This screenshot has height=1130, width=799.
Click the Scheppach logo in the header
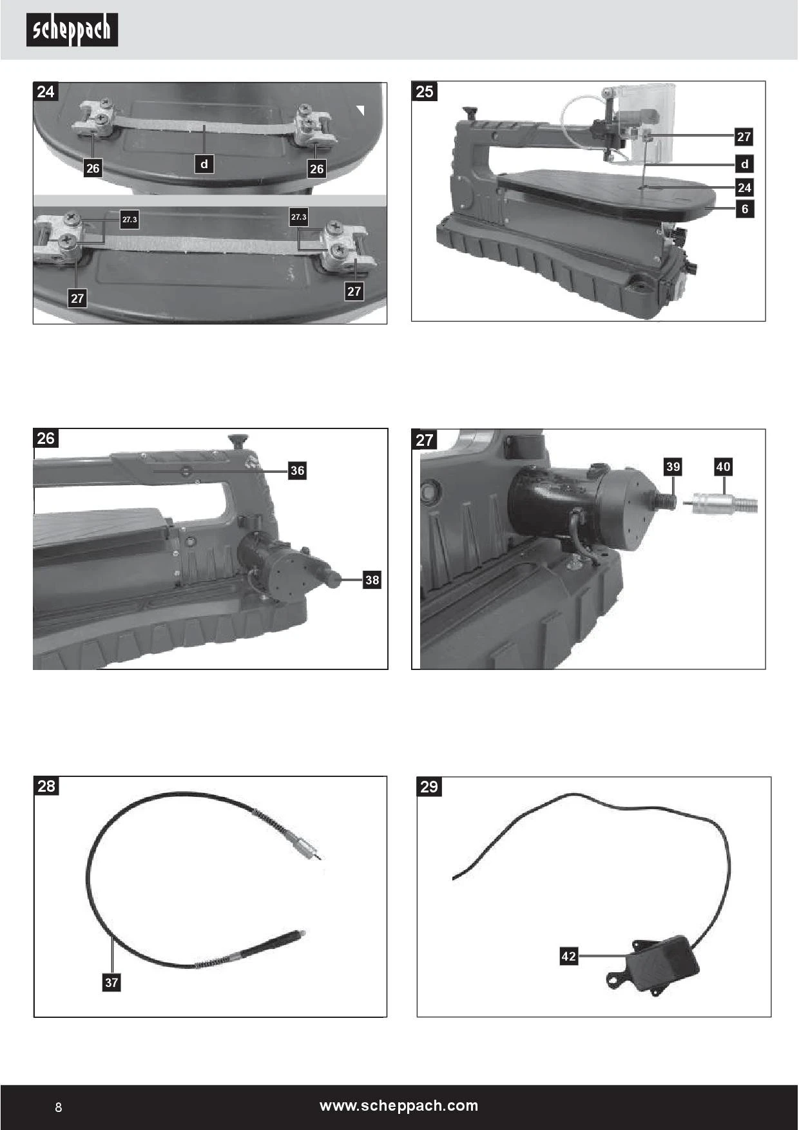(x=72, y=30)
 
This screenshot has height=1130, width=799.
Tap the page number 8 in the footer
(x=59, y=1107)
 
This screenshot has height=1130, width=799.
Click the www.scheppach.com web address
(x=399, y=1106)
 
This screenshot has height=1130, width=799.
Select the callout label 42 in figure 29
(x=568, y=956)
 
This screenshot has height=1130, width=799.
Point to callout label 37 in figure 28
(x=111, y=982)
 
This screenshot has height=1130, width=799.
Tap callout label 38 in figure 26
(x=372, y=580)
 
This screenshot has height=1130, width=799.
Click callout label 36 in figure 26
(x=297, y=470)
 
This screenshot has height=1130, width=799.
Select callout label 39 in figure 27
(x=673, y=466)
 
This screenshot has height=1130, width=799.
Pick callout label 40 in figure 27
(x=723, y=466)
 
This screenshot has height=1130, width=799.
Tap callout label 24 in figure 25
(x=744, y=187)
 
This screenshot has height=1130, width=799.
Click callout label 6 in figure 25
(x=744, y=209)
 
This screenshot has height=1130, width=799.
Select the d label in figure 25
(x=744, y=164)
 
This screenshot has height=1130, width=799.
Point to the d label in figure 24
(x=204, y=164)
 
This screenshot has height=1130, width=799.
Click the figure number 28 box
(x=46, y=786)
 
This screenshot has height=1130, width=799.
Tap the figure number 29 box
(x=429, y=786)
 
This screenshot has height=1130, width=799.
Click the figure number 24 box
(x=46, y=91)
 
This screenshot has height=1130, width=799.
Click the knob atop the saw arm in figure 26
(x=238, y=441)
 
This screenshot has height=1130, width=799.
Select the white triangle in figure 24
(x=361, y=111)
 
